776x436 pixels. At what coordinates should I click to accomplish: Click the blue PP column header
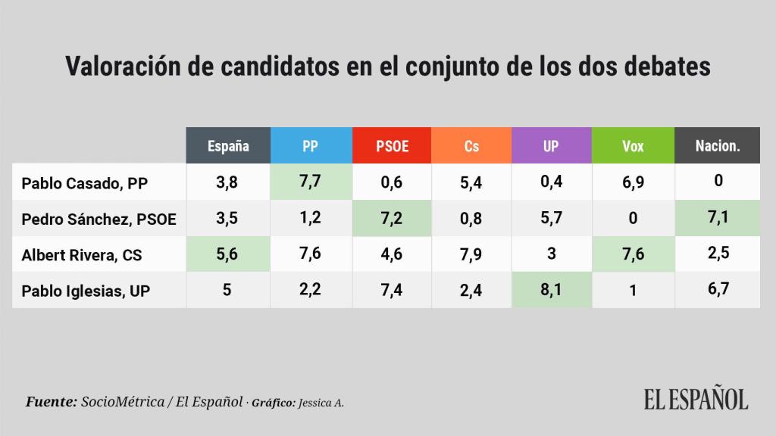[x=310, y=145]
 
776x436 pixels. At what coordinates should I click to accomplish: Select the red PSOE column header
[x=392, y=145]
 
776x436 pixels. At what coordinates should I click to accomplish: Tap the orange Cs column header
[x=471, y=145]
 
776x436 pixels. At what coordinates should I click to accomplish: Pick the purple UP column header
[x=551, y=145]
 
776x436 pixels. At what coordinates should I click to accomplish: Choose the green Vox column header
[x=632, y=145]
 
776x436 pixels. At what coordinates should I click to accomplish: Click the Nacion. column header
[x=718, y=145]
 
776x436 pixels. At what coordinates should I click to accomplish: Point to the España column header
[x=228, y=145]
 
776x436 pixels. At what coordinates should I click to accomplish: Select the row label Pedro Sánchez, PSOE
[x=99, y=220]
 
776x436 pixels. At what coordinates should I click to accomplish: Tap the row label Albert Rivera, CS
[x=82, y=255]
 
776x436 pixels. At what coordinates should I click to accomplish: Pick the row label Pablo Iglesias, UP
[x=86, y=291]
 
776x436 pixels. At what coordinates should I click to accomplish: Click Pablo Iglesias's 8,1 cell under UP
[x=551, y=289]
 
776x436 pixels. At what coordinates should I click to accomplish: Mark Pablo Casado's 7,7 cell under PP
[x=310, y=182]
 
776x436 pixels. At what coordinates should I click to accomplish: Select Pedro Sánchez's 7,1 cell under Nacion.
[x=718, y=218]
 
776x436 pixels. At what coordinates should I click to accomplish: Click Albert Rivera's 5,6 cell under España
[x=228, y=254]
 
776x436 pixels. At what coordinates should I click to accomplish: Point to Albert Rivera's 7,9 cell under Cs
[x=471, y=254]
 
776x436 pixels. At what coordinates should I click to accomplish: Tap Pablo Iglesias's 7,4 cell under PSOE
[x=392, y=289]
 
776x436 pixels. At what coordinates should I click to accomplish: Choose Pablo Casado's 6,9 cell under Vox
[x=632, y=182]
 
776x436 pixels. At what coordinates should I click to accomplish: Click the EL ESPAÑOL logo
[x=696, y=399]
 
